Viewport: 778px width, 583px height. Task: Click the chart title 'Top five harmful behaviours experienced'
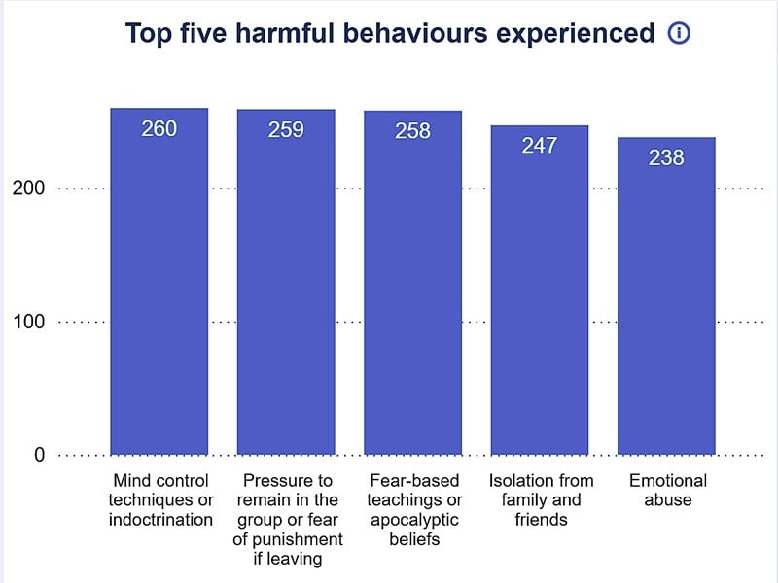[390, 34]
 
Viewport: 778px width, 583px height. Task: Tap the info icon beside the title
[679, 34]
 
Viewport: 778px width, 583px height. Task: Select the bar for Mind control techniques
[159, 291]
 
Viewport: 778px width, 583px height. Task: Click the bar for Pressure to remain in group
[286, 291]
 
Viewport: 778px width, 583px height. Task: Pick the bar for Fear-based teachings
[412, 291]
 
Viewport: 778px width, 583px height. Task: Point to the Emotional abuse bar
[666, 301]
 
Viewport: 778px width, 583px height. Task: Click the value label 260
[159, 128]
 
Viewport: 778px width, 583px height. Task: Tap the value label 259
[286, 129]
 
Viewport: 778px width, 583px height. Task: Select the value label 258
[412, 130]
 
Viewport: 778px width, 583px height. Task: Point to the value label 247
[539, 146]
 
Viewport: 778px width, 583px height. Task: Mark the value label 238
[666, 157]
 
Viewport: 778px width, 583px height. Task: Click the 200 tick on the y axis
[28, 189]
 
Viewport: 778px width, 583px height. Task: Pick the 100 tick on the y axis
[28, 322]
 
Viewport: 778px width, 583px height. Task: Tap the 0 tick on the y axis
[39, 455]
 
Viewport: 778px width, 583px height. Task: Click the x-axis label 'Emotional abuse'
[667, 491]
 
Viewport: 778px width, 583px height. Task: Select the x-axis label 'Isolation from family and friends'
[540, 499]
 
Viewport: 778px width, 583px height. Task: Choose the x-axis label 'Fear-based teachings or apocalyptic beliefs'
[413, 509]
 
